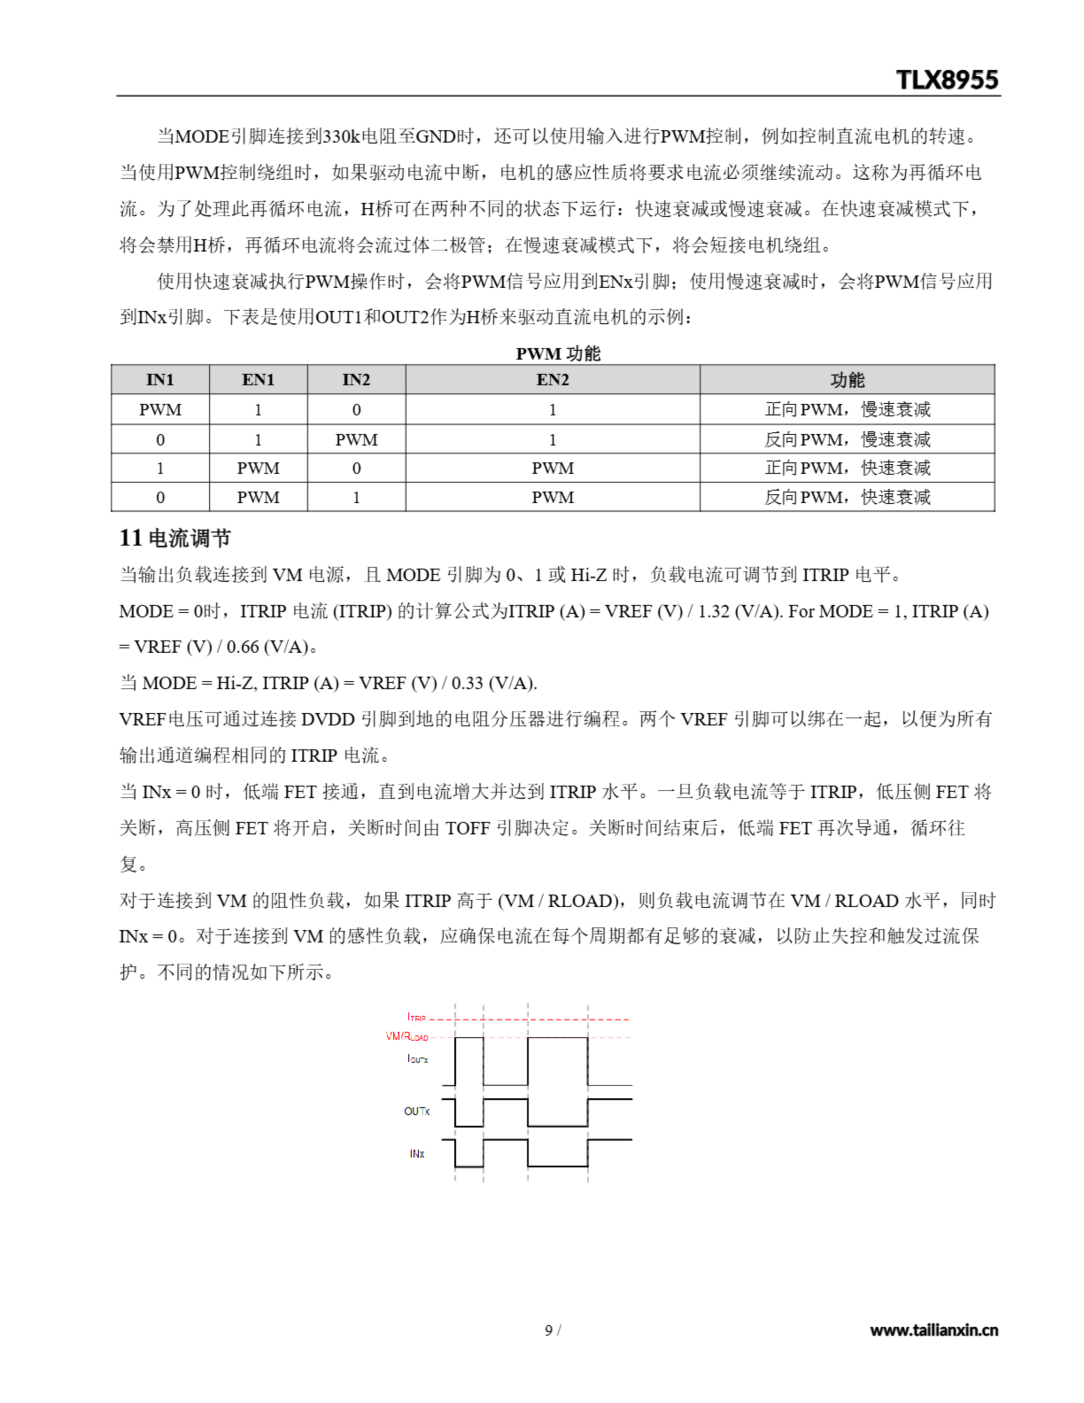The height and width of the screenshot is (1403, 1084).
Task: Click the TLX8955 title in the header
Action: pos(946,79)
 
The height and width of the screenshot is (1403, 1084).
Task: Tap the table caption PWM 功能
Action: pos(557,353)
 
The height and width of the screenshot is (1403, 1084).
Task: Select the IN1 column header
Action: pos(160,380)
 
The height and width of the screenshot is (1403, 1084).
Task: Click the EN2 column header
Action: pos(552,380)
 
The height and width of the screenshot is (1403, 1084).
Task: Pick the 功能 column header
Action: pos(847,380)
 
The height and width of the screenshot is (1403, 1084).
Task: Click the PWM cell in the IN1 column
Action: pos(160,409)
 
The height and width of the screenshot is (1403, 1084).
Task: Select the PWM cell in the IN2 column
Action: pos(356,440)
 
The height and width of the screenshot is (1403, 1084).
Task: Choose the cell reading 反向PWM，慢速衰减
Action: pos(847,440)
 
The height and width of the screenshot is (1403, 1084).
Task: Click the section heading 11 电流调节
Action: pos(175,538)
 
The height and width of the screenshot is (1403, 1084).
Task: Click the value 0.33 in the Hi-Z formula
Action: pos(467,683)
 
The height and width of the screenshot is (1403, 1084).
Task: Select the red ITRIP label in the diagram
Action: pos(417,1017)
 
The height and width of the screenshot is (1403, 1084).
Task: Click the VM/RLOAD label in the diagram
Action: pos(406,1036)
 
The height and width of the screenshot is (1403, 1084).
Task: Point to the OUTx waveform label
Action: pos(417,1111)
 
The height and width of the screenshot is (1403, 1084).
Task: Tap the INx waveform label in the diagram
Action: pos(417,1154)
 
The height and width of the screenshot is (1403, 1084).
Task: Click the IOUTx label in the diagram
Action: pos(417,1058)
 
